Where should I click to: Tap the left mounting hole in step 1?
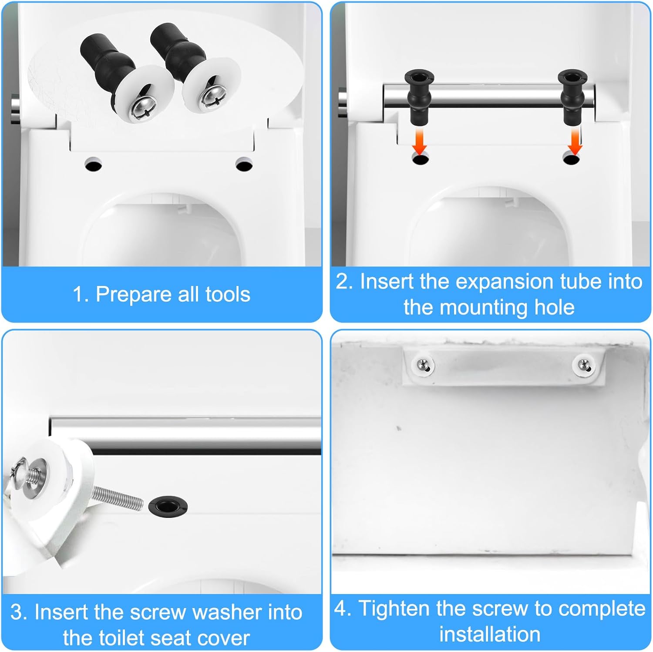coord(93,165)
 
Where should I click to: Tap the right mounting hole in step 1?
coord(244,165)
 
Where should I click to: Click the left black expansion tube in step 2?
coord(419,97)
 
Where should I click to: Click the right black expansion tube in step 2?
coord(572,97)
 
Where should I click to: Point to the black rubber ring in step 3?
coord(168,506)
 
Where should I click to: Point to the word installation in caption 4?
coord(490,634)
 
